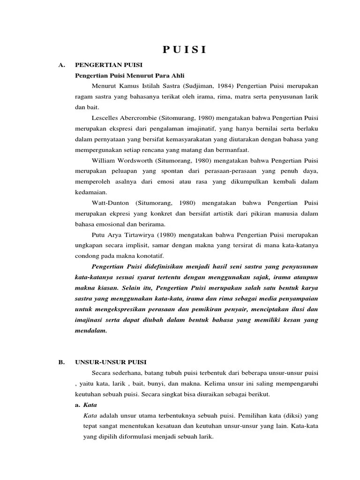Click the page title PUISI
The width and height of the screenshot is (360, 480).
tap(184, 50)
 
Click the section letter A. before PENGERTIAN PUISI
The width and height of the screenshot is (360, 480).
tap(61, 65)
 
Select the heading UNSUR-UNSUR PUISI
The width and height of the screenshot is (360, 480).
tap(111, 362)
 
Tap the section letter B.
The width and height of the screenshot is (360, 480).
tap(61, 362)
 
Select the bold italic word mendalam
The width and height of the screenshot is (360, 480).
tap(91, 330)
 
